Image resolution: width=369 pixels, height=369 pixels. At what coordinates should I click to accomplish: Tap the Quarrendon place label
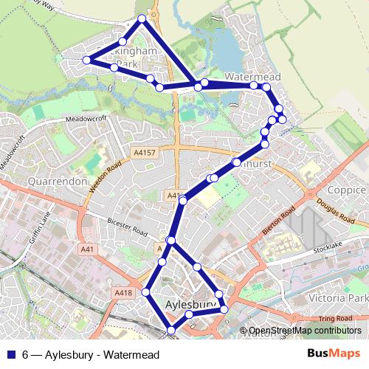pyautogui.click(x=58, y=181)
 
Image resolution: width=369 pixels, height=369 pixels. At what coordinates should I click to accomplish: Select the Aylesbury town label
pyautogui.click(x=190, y=303)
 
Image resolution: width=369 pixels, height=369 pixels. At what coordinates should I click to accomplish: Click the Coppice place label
pyautogui.click(x=346, y=190)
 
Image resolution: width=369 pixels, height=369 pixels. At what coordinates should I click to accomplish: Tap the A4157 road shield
pyautogui.click(x=145, y=153)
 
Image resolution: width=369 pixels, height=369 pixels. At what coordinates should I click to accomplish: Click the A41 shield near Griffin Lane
pyautogui.click(x=88, y=249)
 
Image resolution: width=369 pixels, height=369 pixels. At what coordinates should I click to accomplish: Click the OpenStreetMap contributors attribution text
pyautogui.click(x=305, y=331)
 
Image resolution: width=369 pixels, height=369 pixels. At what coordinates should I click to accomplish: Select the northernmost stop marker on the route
pyautogui.click(x=142, y=18)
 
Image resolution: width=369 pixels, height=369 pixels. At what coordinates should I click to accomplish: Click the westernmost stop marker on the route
pyautogui.click(x=86, y=60)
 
